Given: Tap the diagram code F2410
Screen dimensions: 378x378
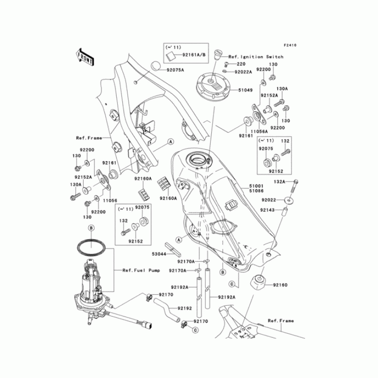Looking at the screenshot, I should click(x=290, y=45).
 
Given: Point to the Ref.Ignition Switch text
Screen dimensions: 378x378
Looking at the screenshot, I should click(x=256, y=57).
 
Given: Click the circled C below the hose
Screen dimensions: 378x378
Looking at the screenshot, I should click(x=194, y=330).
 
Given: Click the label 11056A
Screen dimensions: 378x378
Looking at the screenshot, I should click(x=259, y=130).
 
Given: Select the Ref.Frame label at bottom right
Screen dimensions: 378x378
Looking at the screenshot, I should click(x=281, y=320).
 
